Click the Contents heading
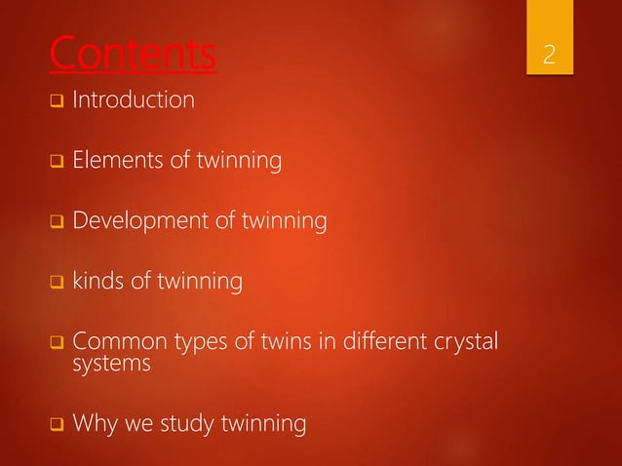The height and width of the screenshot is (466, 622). pos(133,55)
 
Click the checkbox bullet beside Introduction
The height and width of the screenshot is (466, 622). pos(57,100)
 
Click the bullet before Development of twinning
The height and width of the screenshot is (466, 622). pos(57,225)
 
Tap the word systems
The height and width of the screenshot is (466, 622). pos(107,366)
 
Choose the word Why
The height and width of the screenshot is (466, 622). pos(97,425)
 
